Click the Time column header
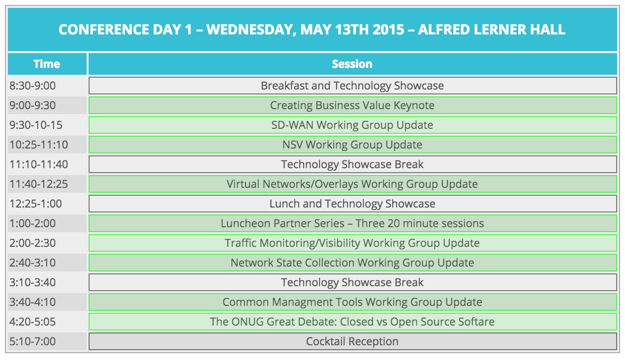[47, 64]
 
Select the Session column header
[352, 64]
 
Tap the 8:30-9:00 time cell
[47, 86]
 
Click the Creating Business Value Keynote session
[353, 105]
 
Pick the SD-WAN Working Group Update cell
[353, 125]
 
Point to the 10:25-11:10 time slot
[47, 145]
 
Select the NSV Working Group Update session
[353, 145]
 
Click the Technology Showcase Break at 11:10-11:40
[353, 164]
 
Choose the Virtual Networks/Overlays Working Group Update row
[353, 184]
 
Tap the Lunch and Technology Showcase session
[353, 204]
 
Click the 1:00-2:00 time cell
[47, 223]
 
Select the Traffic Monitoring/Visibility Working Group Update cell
[353, 243]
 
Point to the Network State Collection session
[353, 263]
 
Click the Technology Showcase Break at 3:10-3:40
[353, 282]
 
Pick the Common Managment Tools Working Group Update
[353, 302]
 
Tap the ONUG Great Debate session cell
[353, 322]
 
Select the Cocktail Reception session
[353, 341]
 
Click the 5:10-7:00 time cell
[47, 341]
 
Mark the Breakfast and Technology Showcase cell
[353, 86]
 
